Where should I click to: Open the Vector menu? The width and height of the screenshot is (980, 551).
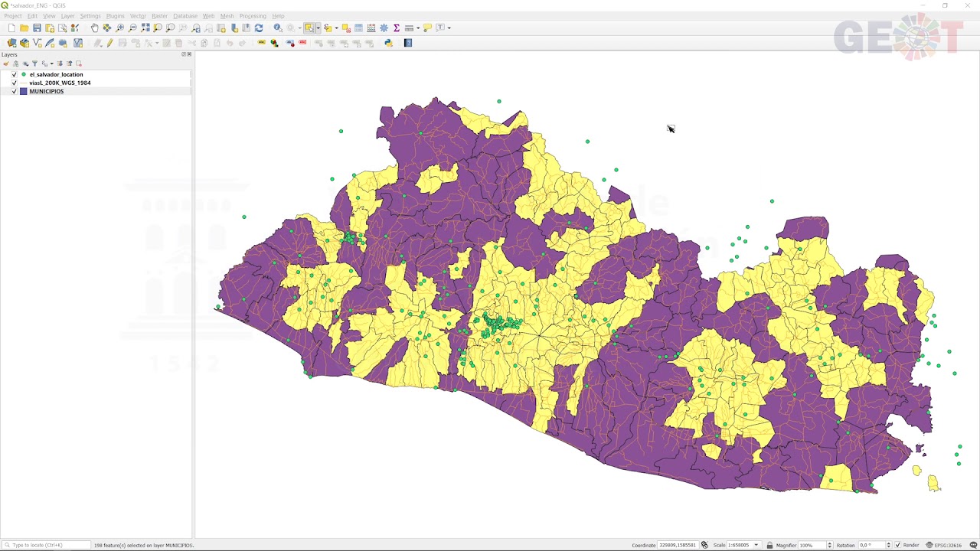pyautogui.click(x=138, y=16)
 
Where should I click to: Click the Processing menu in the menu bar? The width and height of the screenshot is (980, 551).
pyautogui.click(x=253, y=16)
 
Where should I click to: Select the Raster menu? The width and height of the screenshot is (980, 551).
pyautogui.click(x=159, y=16)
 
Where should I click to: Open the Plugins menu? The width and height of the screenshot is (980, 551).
pyautogui.click(x=115, y=16)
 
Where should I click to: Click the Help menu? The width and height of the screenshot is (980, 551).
pyautogui.click(x=278, y=16)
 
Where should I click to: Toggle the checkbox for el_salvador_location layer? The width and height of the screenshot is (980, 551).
pyautogui.click(x=14, y=74)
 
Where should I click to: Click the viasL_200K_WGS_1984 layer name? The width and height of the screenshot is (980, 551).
pyautogui.click(x=60, y=83)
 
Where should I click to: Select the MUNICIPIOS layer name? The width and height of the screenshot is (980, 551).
pyautogui.click(x=46, y=91)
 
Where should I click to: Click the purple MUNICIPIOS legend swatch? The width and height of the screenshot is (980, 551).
pyautogui.click(x=24, y=91)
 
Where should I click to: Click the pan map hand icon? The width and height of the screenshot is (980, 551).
pyautogui.click(x=94, y=28)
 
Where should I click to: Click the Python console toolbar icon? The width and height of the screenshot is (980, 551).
pyautogui.click(x=388, y=43)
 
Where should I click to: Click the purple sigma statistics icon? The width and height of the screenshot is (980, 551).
pyautogui.click(x=397, y=28)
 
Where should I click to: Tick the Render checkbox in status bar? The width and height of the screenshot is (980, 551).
pyautogui.click(x=897, y=545)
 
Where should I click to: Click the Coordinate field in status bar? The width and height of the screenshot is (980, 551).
pyautogui.click(x=677, y=545)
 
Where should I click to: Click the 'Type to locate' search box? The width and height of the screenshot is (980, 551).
pyautogui.click(x=46, y=545)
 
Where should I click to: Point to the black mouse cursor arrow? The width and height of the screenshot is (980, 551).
pyautogui.click(x=670, y=128)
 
